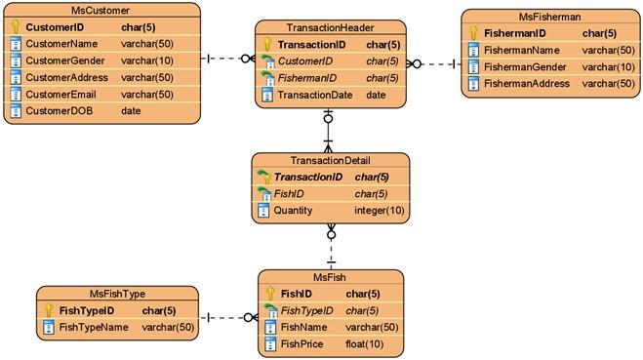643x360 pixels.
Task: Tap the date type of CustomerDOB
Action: point(130,111)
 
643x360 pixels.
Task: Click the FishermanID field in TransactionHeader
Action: point(307,78)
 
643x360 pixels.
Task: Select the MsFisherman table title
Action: point(550,17)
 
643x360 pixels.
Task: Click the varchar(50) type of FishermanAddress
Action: point(608,83)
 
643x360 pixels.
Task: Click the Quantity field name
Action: point(294,211)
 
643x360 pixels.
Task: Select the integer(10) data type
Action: point(379,211)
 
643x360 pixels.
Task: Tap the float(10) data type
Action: point(362,344)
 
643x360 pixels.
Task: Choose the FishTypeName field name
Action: point(94,327)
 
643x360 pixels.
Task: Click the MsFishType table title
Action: point(117,294)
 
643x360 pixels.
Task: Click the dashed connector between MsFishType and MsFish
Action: point(225,318)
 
